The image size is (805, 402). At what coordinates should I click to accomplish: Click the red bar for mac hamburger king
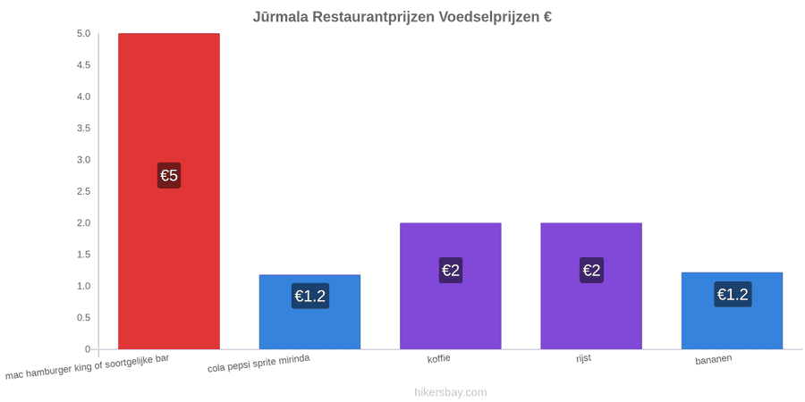169,191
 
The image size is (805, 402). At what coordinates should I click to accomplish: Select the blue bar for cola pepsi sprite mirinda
309,312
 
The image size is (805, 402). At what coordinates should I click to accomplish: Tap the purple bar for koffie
450,286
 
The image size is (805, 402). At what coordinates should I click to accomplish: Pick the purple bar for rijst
591,286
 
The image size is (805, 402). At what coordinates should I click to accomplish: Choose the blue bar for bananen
732,311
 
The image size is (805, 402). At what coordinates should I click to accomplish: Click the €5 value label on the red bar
169,175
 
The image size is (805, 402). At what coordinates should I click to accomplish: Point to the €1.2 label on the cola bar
310,296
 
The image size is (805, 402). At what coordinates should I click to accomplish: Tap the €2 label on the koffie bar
450,270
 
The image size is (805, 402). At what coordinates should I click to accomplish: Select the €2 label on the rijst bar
591,270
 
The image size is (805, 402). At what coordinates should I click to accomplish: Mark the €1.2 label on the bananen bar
733,294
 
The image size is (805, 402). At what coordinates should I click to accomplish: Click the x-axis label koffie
439,358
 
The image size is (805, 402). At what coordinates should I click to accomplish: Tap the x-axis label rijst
583,358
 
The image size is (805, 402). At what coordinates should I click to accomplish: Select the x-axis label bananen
714,360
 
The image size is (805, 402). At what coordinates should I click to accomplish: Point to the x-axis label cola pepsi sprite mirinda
258,364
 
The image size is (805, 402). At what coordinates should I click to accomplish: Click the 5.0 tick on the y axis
84,34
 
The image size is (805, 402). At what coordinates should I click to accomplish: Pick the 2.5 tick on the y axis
84,191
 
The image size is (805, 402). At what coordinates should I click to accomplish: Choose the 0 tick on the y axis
88,349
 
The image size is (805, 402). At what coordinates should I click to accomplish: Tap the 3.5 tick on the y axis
84,128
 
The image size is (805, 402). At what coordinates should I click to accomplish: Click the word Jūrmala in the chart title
279,16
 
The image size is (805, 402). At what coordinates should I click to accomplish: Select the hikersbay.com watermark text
450,392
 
